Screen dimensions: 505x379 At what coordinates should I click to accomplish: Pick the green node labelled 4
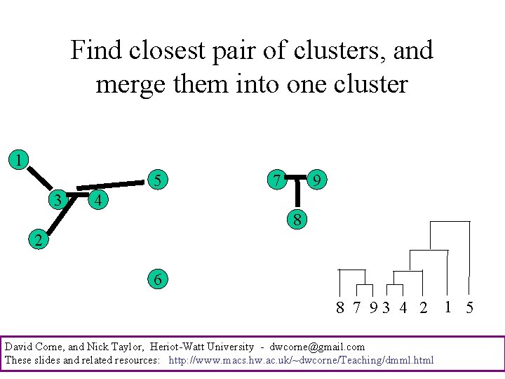pos(100,200)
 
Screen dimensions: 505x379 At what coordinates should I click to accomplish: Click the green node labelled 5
pos(159,180)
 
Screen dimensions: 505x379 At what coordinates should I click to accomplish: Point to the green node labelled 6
pos(158,279)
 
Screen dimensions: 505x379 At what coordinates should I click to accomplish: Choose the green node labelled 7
pos(277,180)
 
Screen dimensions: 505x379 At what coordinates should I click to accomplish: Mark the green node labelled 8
pos(297,220)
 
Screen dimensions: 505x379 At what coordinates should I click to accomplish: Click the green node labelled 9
pos(318,181)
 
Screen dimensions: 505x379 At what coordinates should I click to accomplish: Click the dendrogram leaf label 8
pos(340,307)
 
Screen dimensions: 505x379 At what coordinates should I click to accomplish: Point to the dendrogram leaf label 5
pos(469,307)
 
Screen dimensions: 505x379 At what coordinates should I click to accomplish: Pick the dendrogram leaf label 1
pos(447,307)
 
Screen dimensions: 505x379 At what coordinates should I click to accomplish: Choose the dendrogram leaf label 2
pos(422,307)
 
